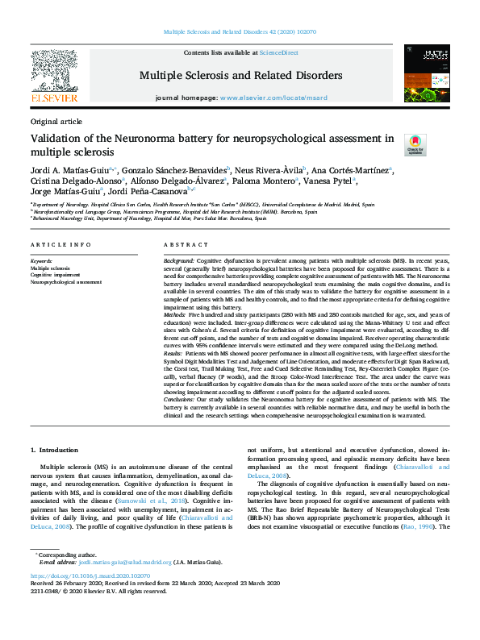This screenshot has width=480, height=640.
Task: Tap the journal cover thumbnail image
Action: click(428, 73)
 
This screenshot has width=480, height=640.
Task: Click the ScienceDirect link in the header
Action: click(278, 52)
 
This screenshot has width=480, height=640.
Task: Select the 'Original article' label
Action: click(56, 121)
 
